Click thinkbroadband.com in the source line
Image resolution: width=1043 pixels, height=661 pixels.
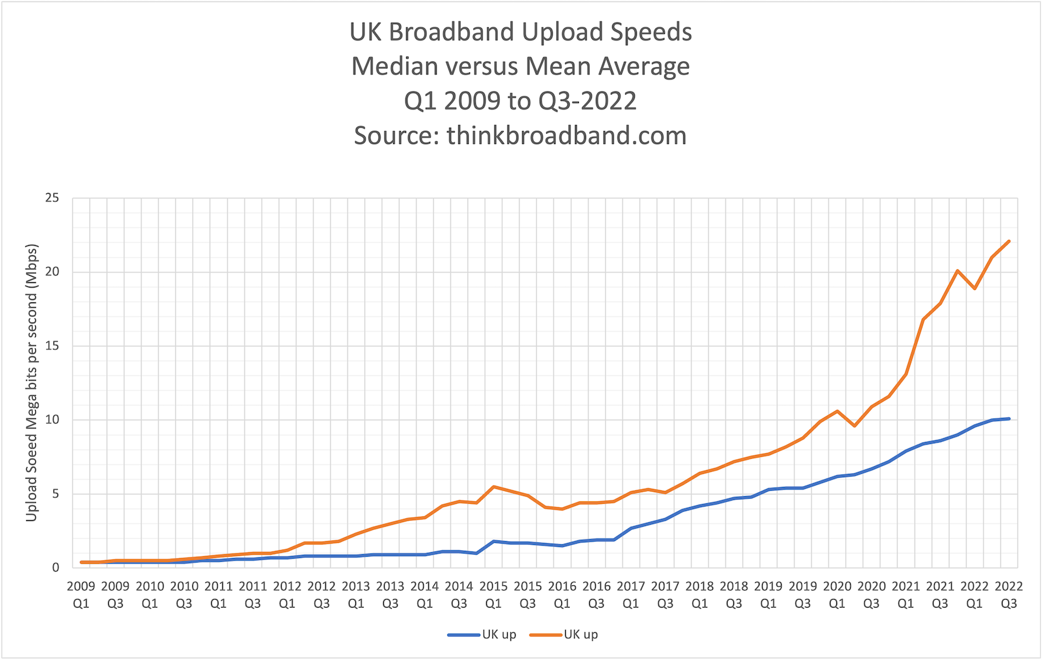[x=566, y=136]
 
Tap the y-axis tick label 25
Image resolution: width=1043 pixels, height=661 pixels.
[x=52, y=198]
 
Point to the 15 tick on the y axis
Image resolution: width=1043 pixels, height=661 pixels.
[x=52, y=345]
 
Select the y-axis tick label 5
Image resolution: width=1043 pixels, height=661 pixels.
[x=55, y=493]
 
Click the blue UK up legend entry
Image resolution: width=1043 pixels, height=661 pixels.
[x=482, y=634]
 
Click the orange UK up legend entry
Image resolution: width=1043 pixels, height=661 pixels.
[x=564, y=634]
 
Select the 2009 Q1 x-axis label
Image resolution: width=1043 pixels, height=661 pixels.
[x=81, y=595]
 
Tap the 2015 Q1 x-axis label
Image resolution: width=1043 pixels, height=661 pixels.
[x=493, y=595]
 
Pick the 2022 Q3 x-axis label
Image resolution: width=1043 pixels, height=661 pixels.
[x=1008, y=595]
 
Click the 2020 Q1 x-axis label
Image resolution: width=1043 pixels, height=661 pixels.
[x=837, y=595]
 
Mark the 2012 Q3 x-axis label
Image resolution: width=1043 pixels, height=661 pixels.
[x=321, y=595]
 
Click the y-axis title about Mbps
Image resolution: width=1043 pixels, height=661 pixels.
[x=32, y=383]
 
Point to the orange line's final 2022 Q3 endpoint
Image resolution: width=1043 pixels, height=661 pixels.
[x=1009, y=241]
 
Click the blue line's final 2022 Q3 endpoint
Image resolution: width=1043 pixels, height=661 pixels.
[x=1009, y=419]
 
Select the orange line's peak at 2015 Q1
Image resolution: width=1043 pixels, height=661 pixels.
[x=493, y=486]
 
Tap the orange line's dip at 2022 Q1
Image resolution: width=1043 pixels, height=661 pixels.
[x=975, y=288]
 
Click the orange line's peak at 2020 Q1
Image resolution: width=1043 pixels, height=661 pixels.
[x=837, y=411]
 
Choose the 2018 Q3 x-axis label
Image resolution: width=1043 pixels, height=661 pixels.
[x=734, y=595]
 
